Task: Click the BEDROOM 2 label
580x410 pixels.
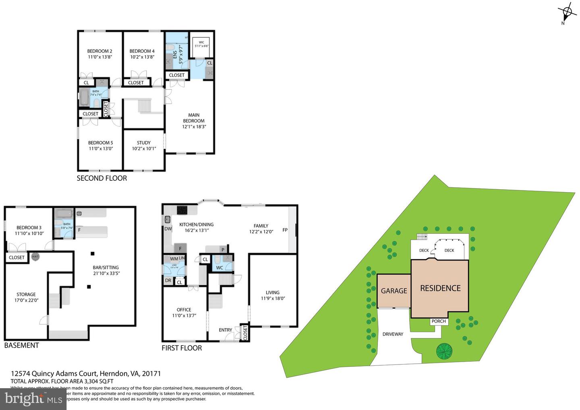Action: point(99,51)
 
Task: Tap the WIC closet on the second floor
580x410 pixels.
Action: point(201,44)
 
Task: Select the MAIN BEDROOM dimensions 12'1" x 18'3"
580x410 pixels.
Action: point(194,126)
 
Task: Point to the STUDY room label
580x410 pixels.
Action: point(143,143)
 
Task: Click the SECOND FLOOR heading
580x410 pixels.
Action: point(101,178)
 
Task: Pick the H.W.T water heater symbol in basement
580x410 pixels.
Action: point(35,257)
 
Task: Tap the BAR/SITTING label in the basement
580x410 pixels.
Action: point(106,267)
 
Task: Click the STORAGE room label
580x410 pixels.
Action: point(26,294)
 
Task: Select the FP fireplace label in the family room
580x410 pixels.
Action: point(285,230)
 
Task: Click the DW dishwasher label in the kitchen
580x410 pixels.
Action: point(168,229)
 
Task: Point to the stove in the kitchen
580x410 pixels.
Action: point(182,210)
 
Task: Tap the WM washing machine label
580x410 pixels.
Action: point(174,259)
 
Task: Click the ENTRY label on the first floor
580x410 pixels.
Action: point(225,330)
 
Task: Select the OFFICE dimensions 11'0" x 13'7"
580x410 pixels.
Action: point(184,315)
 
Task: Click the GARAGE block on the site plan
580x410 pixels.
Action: point(394,291)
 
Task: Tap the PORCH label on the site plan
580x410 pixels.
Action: point(439,321)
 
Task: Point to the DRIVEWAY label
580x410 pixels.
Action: point(393,334)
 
